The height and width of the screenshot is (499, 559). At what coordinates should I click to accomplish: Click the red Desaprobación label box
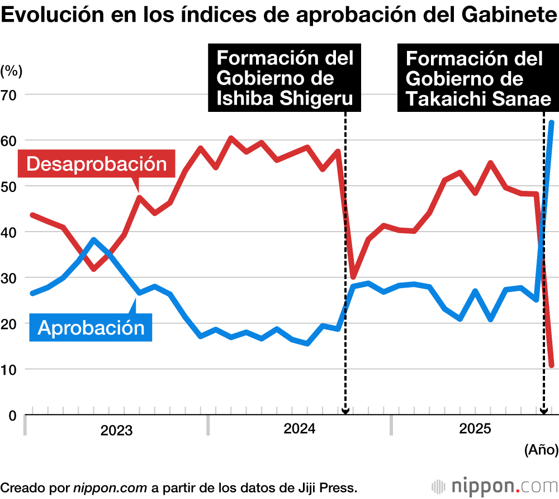click(x=97, y=164)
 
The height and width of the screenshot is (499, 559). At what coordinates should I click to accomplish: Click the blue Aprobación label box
click(x=91, y=327)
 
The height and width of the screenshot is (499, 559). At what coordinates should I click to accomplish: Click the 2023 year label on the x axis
click(x=116, y=431)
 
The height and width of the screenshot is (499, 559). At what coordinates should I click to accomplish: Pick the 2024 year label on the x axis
click(x=300, y=429)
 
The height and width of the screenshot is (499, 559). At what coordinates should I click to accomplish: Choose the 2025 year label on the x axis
click(x=475, y=429)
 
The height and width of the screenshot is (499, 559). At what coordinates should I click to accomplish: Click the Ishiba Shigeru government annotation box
click(x=285, y=78)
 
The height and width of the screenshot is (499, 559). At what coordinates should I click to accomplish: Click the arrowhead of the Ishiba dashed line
click(x=345, y=411)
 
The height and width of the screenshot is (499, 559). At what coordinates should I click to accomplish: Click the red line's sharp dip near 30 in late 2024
click(x=353, y=277)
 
